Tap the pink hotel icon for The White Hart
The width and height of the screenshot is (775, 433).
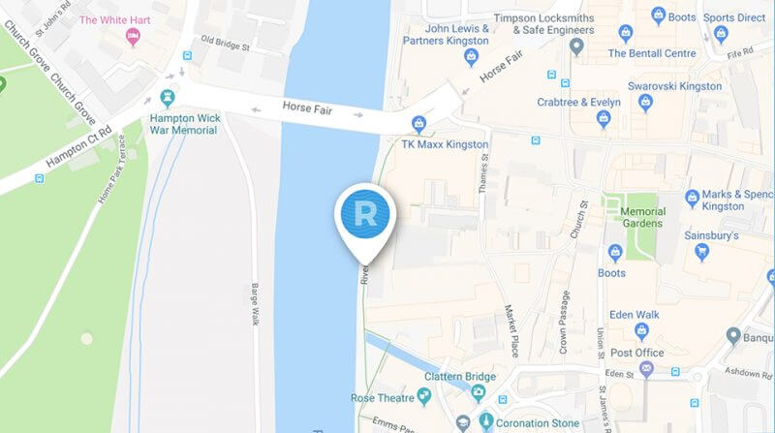134,37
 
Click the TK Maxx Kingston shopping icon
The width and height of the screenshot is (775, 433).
418,123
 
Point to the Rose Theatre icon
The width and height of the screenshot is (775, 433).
423,397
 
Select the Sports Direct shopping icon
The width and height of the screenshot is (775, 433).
720,35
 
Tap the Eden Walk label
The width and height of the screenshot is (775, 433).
635,315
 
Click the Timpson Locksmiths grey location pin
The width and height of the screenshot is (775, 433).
577,46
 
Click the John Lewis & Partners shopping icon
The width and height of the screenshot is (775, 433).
472,57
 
